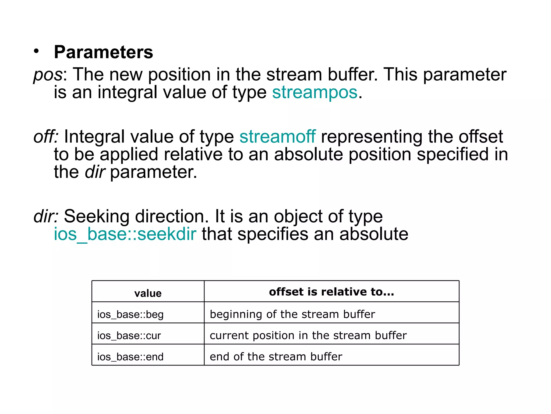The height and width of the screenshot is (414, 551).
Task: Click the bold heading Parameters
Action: (x=104, y=52)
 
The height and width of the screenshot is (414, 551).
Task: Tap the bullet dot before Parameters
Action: (x=37, y=51)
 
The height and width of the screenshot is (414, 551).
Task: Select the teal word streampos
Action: (x=315, y=92)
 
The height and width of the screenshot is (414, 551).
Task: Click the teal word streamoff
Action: (x=277, y=137)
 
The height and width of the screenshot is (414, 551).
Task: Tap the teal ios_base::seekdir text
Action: (x=125, y=234)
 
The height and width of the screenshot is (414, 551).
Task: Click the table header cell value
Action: (x=148, y=293)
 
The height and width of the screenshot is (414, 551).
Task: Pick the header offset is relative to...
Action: (x=331, y=292)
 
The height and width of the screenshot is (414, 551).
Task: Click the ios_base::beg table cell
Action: (x=130, y=315)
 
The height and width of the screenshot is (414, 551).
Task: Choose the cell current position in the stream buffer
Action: (x=308, y=336)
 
